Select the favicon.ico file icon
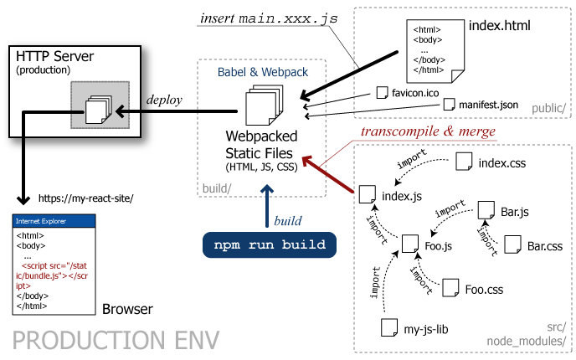pos(383,91)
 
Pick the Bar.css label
pos(545,246)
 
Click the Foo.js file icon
pos(409,244)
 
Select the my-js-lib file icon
pos(387,327)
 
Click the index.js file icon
pos(365,195)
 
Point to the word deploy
pos(165,100)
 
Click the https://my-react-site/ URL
pos(86,198)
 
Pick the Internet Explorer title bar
pos(54,222)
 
